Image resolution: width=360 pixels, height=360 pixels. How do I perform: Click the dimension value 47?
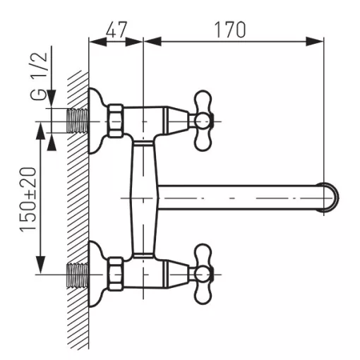pyautogui.click(x=116, y=30)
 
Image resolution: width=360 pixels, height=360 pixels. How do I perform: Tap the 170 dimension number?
pyautogui.click(x=230, y=30)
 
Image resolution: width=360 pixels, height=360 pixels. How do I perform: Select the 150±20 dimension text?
pyautogui.click(x=28, y=200)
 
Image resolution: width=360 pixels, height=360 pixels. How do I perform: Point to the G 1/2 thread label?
pyautogui.click(x=39, y=76)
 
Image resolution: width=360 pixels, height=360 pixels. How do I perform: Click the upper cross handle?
pyautogui.click(x=203, y=121)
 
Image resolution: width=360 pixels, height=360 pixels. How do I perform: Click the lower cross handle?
pyautogui.click(x=203, y=274)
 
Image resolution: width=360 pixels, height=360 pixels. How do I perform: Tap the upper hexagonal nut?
pyautogui.click(x=116, y=121)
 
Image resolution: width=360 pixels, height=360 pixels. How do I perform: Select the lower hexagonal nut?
pyautogui.click(x=116, y=274)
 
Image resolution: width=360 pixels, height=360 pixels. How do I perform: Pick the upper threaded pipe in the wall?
pyautogui.click(x=78, y=121)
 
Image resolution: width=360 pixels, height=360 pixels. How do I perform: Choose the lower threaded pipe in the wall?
pyautogui.click(x=78, y=275)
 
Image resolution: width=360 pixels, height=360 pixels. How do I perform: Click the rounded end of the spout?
pyautogui.click(x=330, y=197)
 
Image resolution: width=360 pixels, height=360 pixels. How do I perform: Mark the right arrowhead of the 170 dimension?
pyautogui.click(x=315, y=42)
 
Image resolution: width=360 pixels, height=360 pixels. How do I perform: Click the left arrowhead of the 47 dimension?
pyautogui.click(x=98, y=42)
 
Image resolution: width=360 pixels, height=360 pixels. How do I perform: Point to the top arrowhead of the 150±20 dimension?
pyautogui.click(x=41, y=131)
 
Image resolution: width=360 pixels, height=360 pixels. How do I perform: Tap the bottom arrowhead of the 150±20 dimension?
pyautogui.click(x=41, y=265)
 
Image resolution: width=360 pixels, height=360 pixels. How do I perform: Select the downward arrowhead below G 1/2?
pyautogui.click(x=52, y=99)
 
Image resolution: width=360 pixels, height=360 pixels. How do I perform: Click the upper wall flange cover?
pyautogui.click(x=97, y=121)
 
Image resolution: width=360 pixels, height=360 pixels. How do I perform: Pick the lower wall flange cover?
pyautogui.click(x=97, y=274)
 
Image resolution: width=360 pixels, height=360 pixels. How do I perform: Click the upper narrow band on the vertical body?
pyautogui.click(x=143, y=143)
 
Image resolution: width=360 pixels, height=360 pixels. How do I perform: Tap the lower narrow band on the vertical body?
pyautogui.click(x=143, y=256)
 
